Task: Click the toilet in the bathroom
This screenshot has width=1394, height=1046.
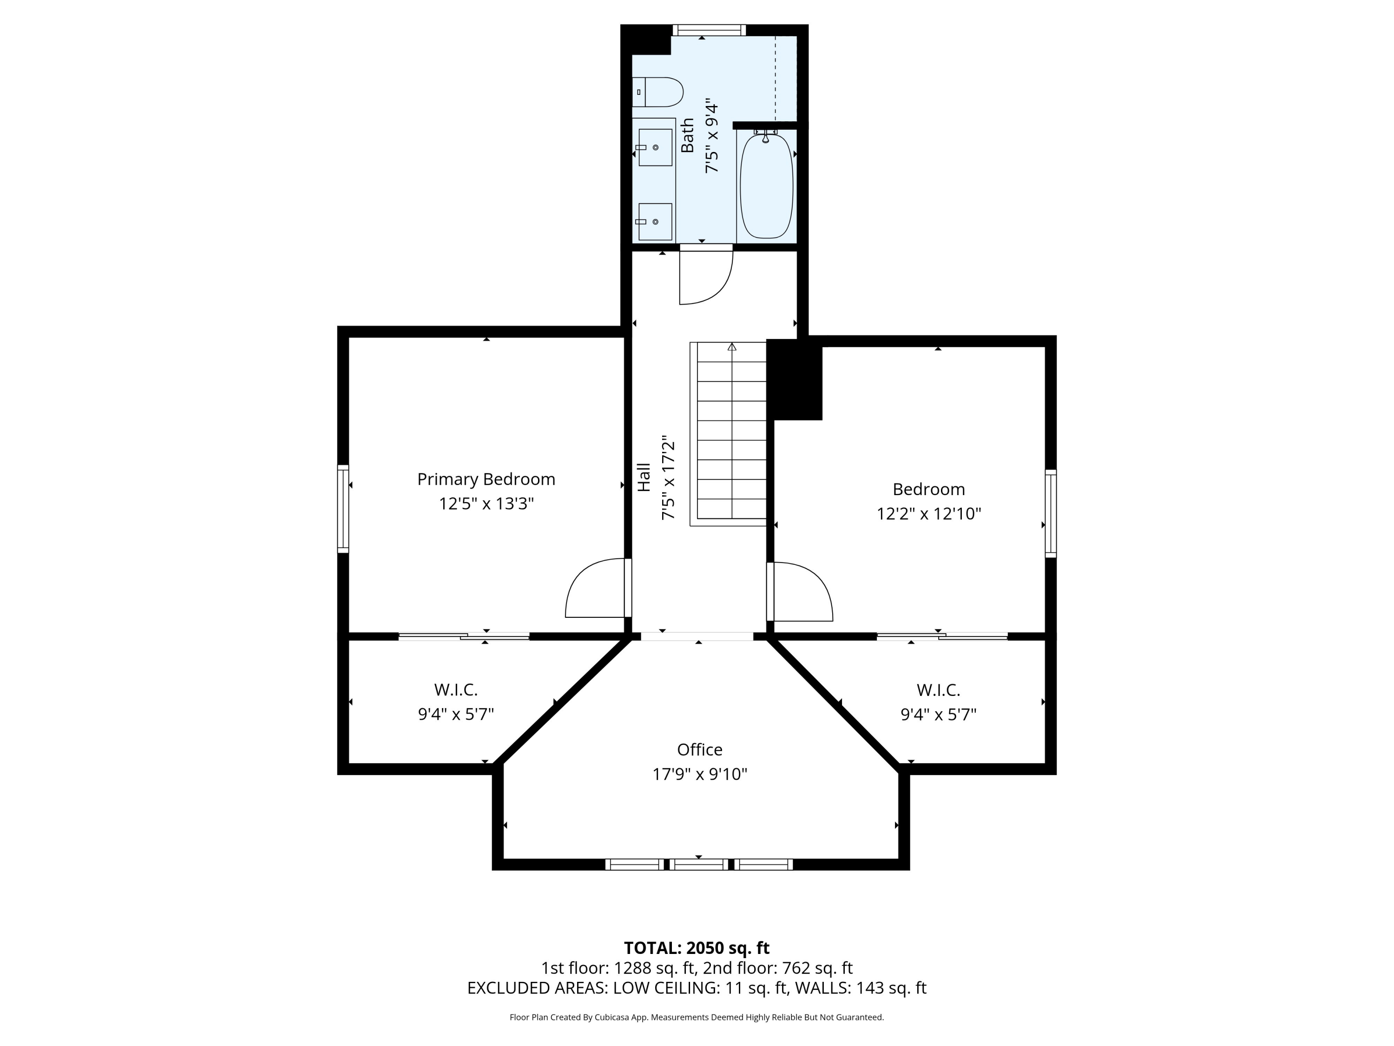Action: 658,92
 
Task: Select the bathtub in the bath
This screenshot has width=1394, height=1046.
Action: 766,186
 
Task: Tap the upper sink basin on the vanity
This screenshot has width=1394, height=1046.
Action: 655,147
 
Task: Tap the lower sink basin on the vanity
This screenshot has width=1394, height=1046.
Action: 655,221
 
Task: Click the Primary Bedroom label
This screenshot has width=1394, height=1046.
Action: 486,480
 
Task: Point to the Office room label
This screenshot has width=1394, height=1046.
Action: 699,750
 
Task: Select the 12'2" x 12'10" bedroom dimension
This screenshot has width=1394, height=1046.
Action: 929,514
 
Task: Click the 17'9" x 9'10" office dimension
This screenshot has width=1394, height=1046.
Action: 699,774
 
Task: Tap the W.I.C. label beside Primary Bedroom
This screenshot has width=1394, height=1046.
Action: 456,690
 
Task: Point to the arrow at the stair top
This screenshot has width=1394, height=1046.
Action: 732,347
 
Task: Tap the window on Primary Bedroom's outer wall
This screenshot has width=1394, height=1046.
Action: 343,509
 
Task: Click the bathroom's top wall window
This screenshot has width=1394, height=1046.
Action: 709,30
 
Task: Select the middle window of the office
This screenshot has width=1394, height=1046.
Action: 698,864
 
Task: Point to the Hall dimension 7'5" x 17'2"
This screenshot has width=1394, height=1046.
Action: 668,477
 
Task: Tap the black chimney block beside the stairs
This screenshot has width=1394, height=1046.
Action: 795,379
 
